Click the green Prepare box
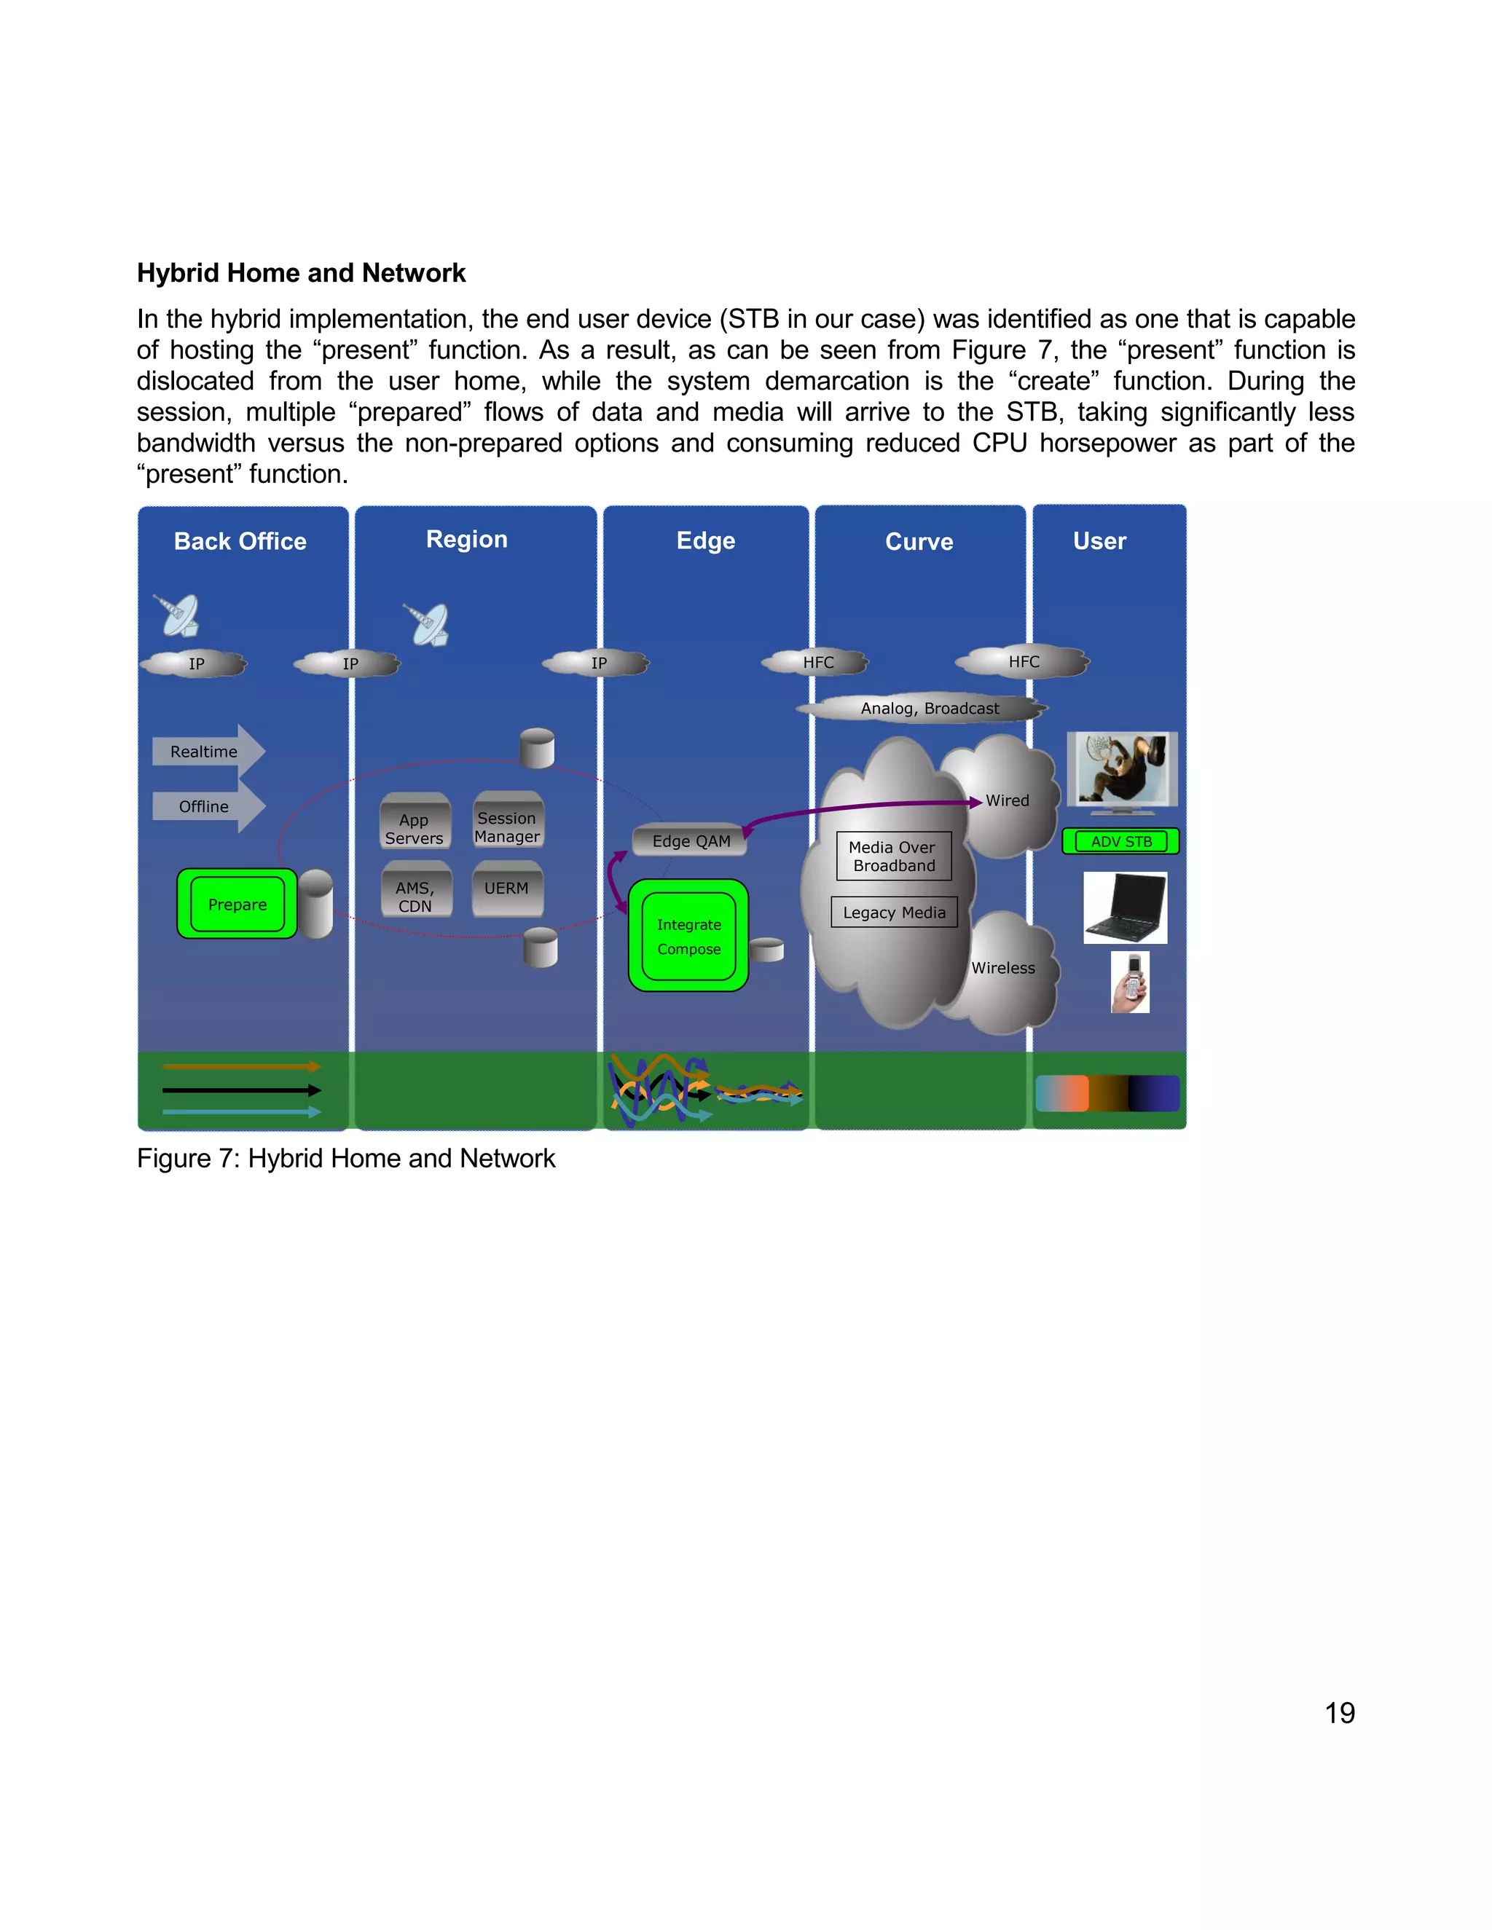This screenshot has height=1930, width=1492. pos(237,904)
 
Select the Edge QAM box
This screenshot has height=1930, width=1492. pos(691,840)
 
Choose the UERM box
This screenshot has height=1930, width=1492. pos(506,888)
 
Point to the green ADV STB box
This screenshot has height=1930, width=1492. pos(1120,841)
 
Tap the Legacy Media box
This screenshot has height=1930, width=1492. pos(894,912)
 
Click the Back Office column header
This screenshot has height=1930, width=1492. pos(240,541)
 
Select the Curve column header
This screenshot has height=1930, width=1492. pos(919,541)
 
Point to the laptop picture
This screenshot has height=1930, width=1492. pos(1124,907)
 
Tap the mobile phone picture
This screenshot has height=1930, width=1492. pos(1131,982)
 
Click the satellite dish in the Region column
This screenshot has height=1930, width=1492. pos(427,624)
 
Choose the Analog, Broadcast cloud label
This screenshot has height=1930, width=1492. pos(929,708)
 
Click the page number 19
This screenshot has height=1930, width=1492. pos(1339,1713)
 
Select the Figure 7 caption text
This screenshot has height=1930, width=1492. pos(345,1158)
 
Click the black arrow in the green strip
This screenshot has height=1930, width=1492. pos(240,1090)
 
